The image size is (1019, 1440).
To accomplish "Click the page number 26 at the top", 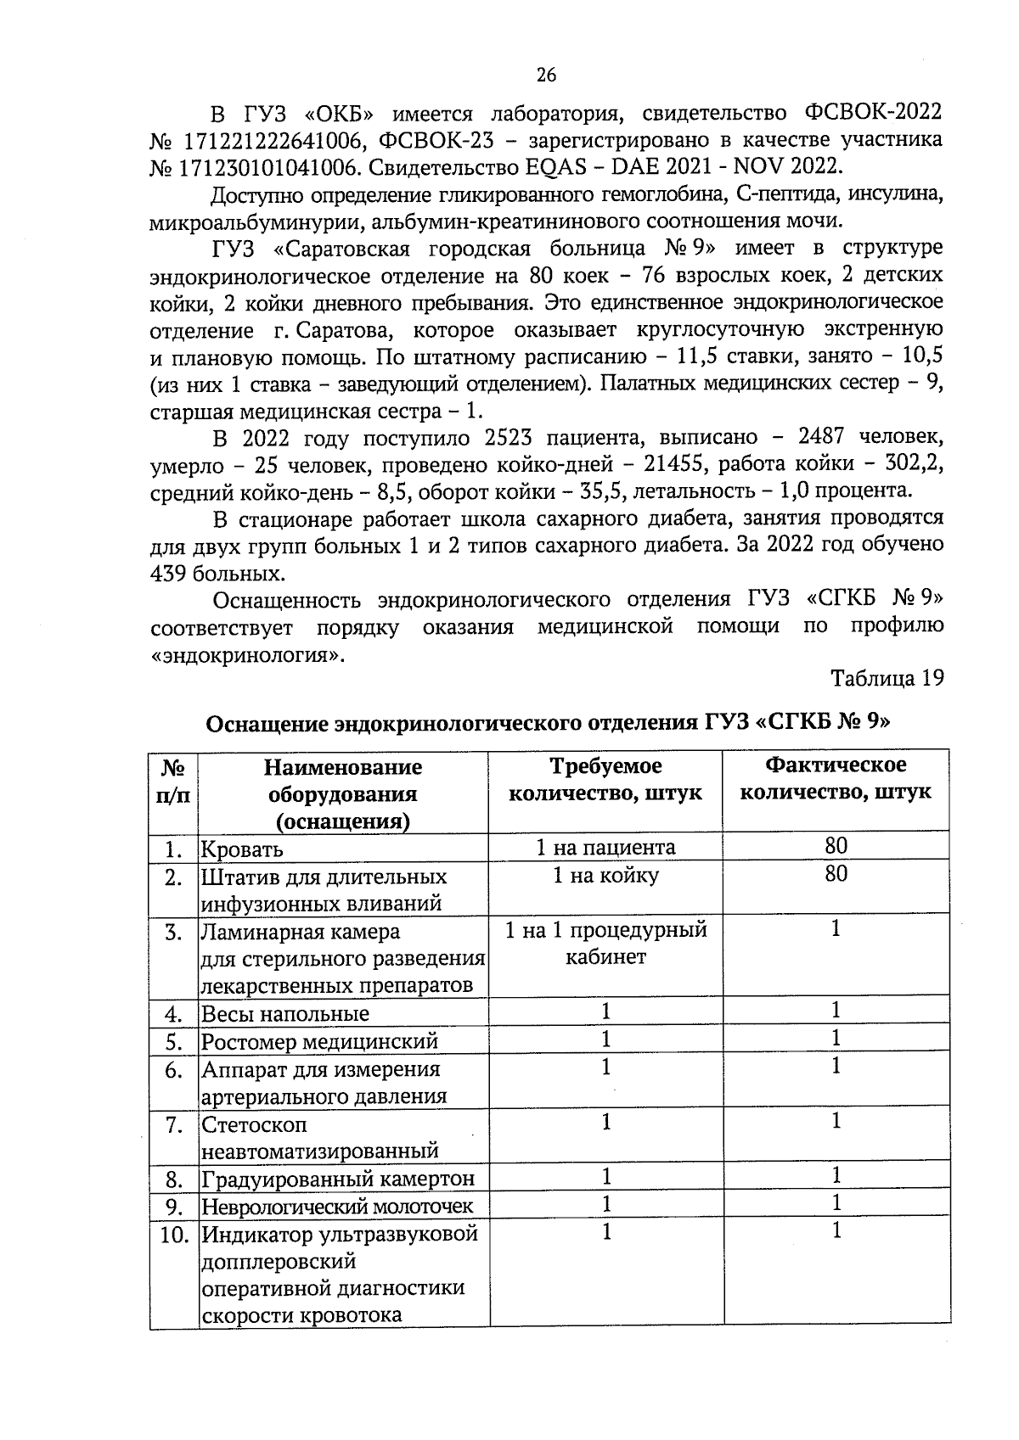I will tap(546, 76).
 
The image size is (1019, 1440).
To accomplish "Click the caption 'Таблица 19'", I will tap(887, 679).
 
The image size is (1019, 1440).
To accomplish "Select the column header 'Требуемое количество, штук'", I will tap(605, 780).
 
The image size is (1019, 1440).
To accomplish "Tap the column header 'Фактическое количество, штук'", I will tap(836, 779).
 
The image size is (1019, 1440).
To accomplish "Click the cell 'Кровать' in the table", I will tap(243, 849).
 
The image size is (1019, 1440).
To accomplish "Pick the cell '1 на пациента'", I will tap(605, 848).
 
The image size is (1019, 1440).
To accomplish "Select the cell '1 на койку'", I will tap(605, 876).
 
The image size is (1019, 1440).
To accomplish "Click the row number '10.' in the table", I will tap(174, 1235).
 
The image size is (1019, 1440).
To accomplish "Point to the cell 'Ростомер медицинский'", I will tap(319, 1041).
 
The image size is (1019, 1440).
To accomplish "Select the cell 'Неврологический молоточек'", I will tap(337, 1206).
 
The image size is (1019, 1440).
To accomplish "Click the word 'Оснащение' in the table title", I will tap(267, 724).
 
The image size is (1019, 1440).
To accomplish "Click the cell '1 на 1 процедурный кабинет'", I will tap(605, 944).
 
